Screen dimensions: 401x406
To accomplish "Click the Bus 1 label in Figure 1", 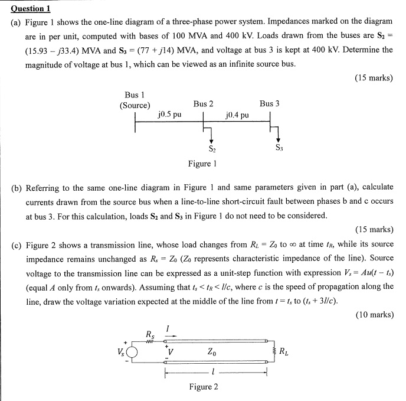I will pyautogui.click(x=135, y=94).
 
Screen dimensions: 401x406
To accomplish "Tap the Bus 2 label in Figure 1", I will pyautogui.click(x=203, y=104).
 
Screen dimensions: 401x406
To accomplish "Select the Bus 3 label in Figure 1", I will pyautogui.click(x=269, y=104).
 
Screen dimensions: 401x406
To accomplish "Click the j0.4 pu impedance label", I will pyautogui.click(x=237, y=114).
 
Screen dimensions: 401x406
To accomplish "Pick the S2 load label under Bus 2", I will pyautogui.click(x=211, y=148).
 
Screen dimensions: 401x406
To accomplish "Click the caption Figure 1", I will pyautogui.click(x=202, y=164).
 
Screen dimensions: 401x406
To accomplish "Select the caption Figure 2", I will pyautogui.click(x=204, y=387).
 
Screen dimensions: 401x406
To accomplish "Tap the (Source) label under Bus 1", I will pyautogui.click(x=135, y=106).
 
